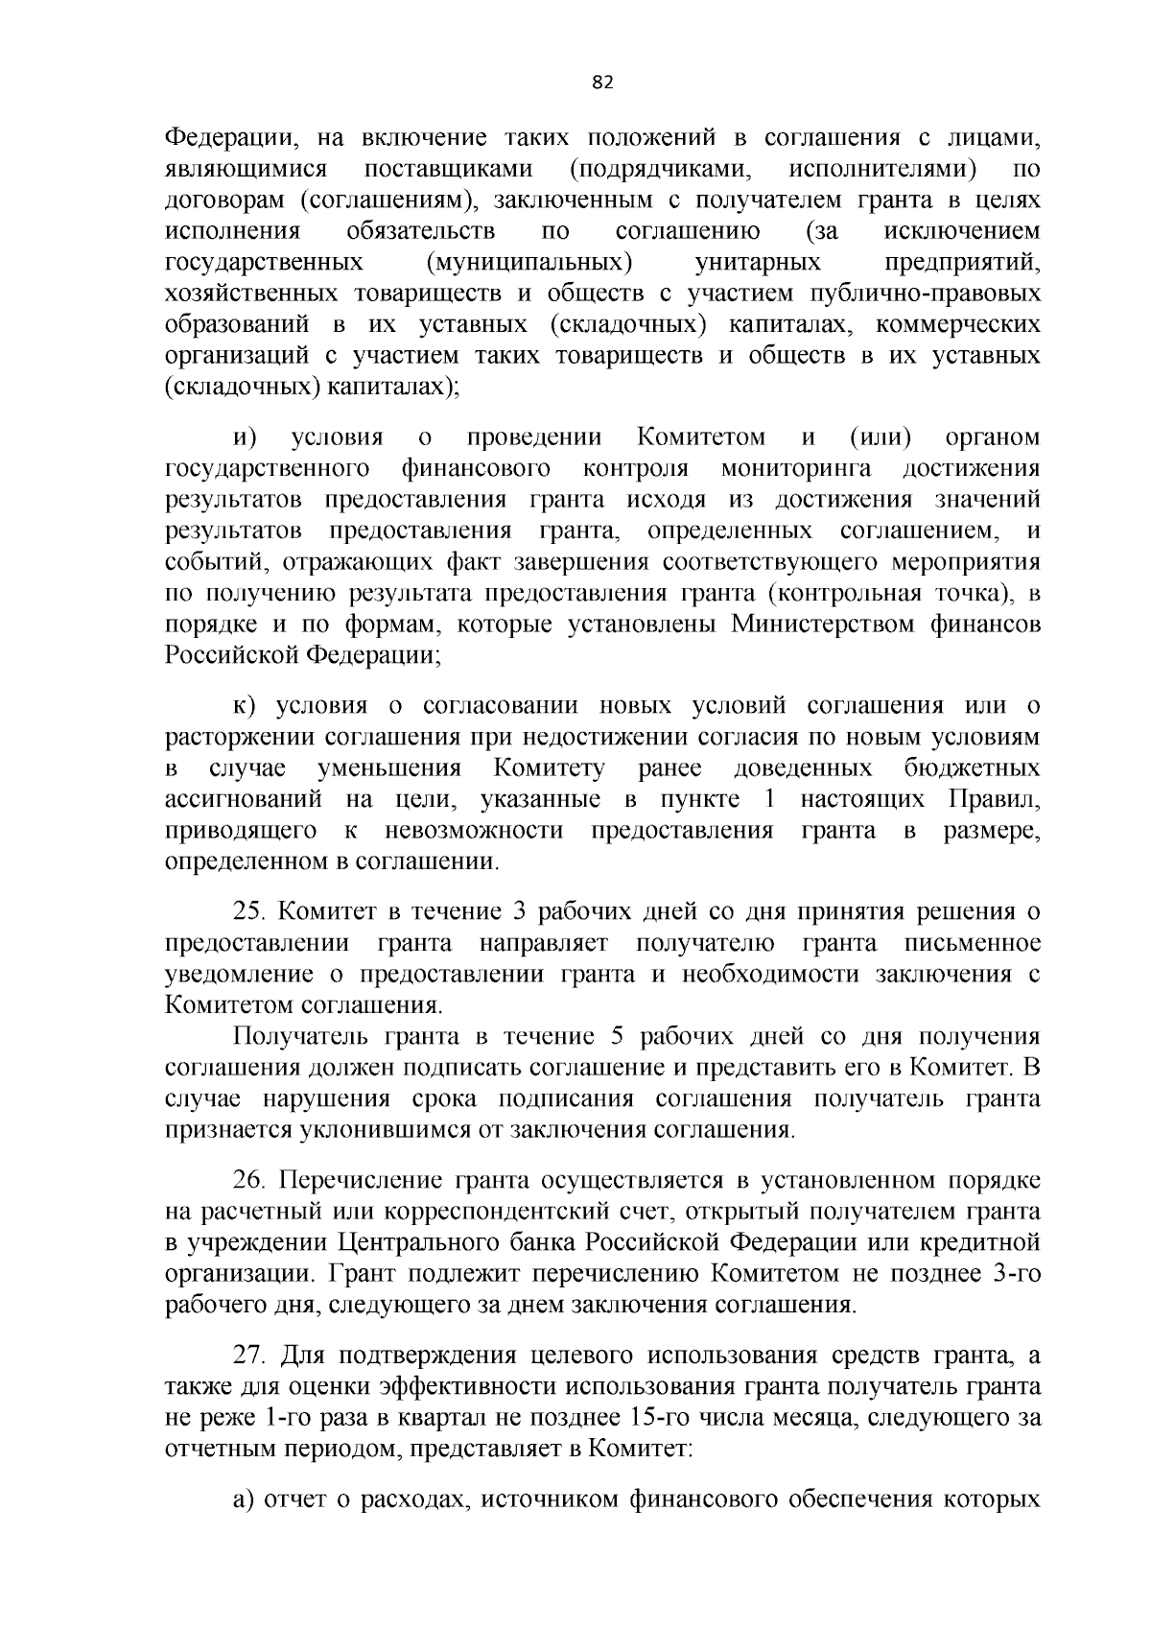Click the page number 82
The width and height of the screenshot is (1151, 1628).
(x=602, y=83)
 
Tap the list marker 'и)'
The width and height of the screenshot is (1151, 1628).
(x=246, y=438)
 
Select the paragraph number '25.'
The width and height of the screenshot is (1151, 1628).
(x=250, y=912)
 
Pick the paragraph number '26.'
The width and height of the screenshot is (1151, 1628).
(x=250, y=1181)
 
